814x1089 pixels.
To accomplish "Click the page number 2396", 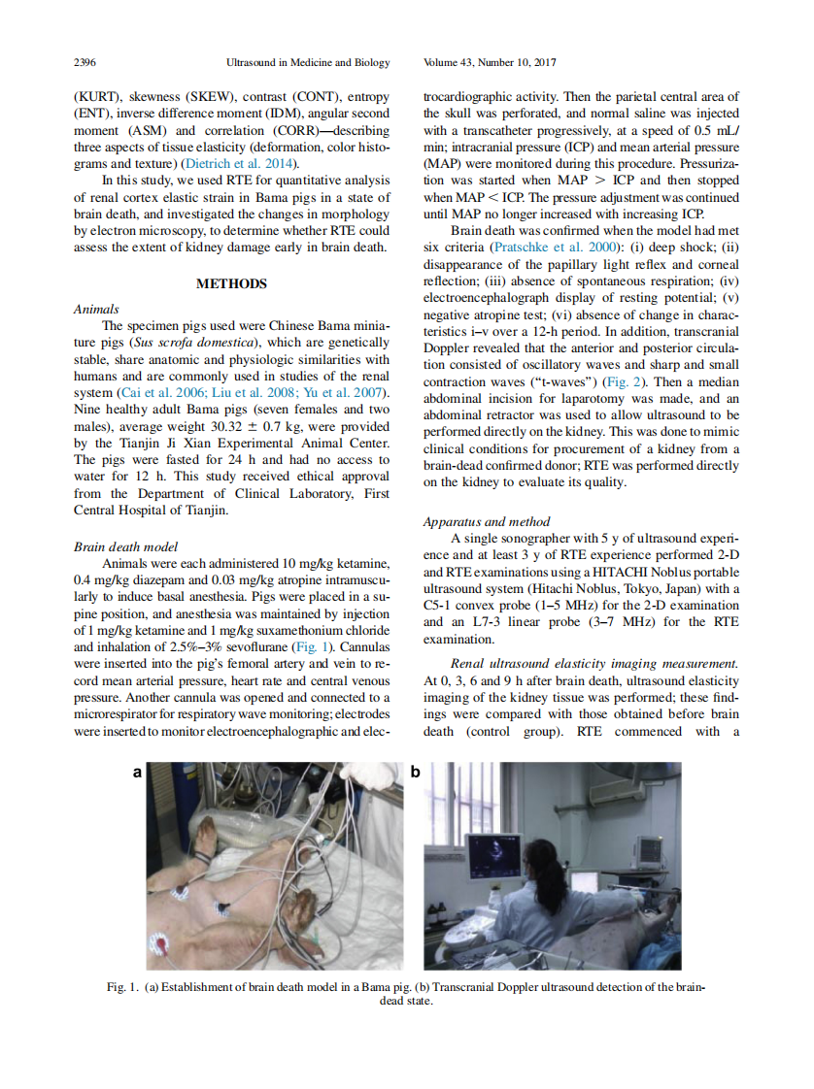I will pos(85,63).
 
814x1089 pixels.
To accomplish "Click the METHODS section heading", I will pos(231,284).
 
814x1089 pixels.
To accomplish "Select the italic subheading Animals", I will pos(96,310).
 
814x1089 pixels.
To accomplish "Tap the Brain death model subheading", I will pos(125,546).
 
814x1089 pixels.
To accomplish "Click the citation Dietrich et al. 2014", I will pos(246,163).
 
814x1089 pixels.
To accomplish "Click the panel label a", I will pos(137,773).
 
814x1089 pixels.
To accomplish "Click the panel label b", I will pos(415,773).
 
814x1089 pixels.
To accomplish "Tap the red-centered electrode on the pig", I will pos(158,943).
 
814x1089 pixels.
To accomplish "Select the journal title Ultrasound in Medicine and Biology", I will pos(308,63).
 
